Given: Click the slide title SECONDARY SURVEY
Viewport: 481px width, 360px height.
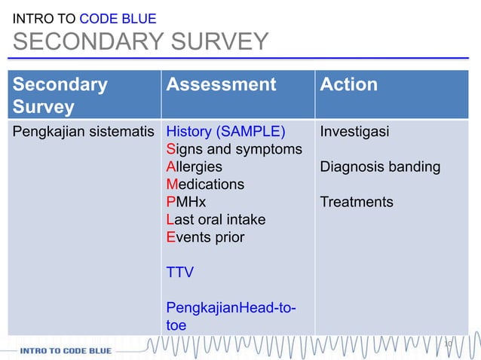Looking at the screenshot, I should pos(140,42).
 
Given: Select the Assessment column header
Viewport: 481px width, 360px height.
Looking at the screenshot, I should pos(221,84).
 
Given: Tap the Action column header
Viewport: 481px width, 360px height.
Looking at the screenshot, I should pos(348,84).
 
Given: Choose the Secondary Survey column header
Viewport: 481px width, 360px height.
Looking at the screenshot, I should pos(60,95).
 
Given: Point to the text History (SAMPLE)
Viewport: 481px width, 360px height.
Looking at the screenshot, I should pos(225,132).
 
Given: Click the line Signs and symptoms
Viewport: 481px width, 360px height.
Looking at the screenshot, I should pos(234,149).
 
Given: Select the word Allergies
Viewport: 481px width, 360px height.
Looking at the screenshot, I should pos(194,166).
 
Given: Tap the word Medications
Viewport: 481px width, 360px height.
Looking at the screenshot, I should pos(205,185).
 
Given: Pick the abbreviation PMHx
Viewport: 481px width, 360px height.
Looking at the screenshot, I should pos(185,202).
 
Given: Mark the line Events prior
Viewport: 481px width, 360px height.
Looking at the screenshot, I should pos(205,237).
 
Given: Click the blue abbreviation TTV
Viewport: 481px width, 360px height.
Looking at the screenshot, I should pos(179,273).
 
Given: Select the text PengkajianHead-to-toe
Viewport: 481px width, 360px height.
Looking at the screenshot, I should pos(230,316).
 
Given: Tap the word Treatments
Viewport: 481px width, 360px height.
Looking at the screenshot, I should pos(357,202).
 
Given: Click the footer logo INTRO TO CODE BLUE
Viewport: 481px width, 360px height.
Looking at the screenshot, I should pos(66,350).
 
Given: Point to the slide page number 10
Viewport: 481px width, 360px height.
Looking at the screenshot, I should pos(448,344).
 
